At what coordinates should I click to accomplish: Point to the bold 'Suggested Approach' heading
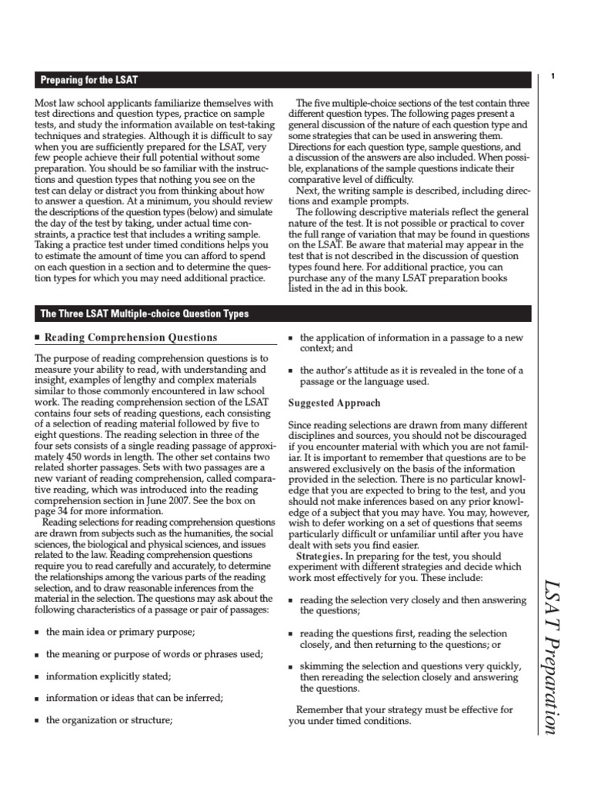click(x=334, y=403)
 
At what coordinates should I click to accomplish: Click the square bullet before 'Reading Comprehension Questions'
click(x=38, y=338)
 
